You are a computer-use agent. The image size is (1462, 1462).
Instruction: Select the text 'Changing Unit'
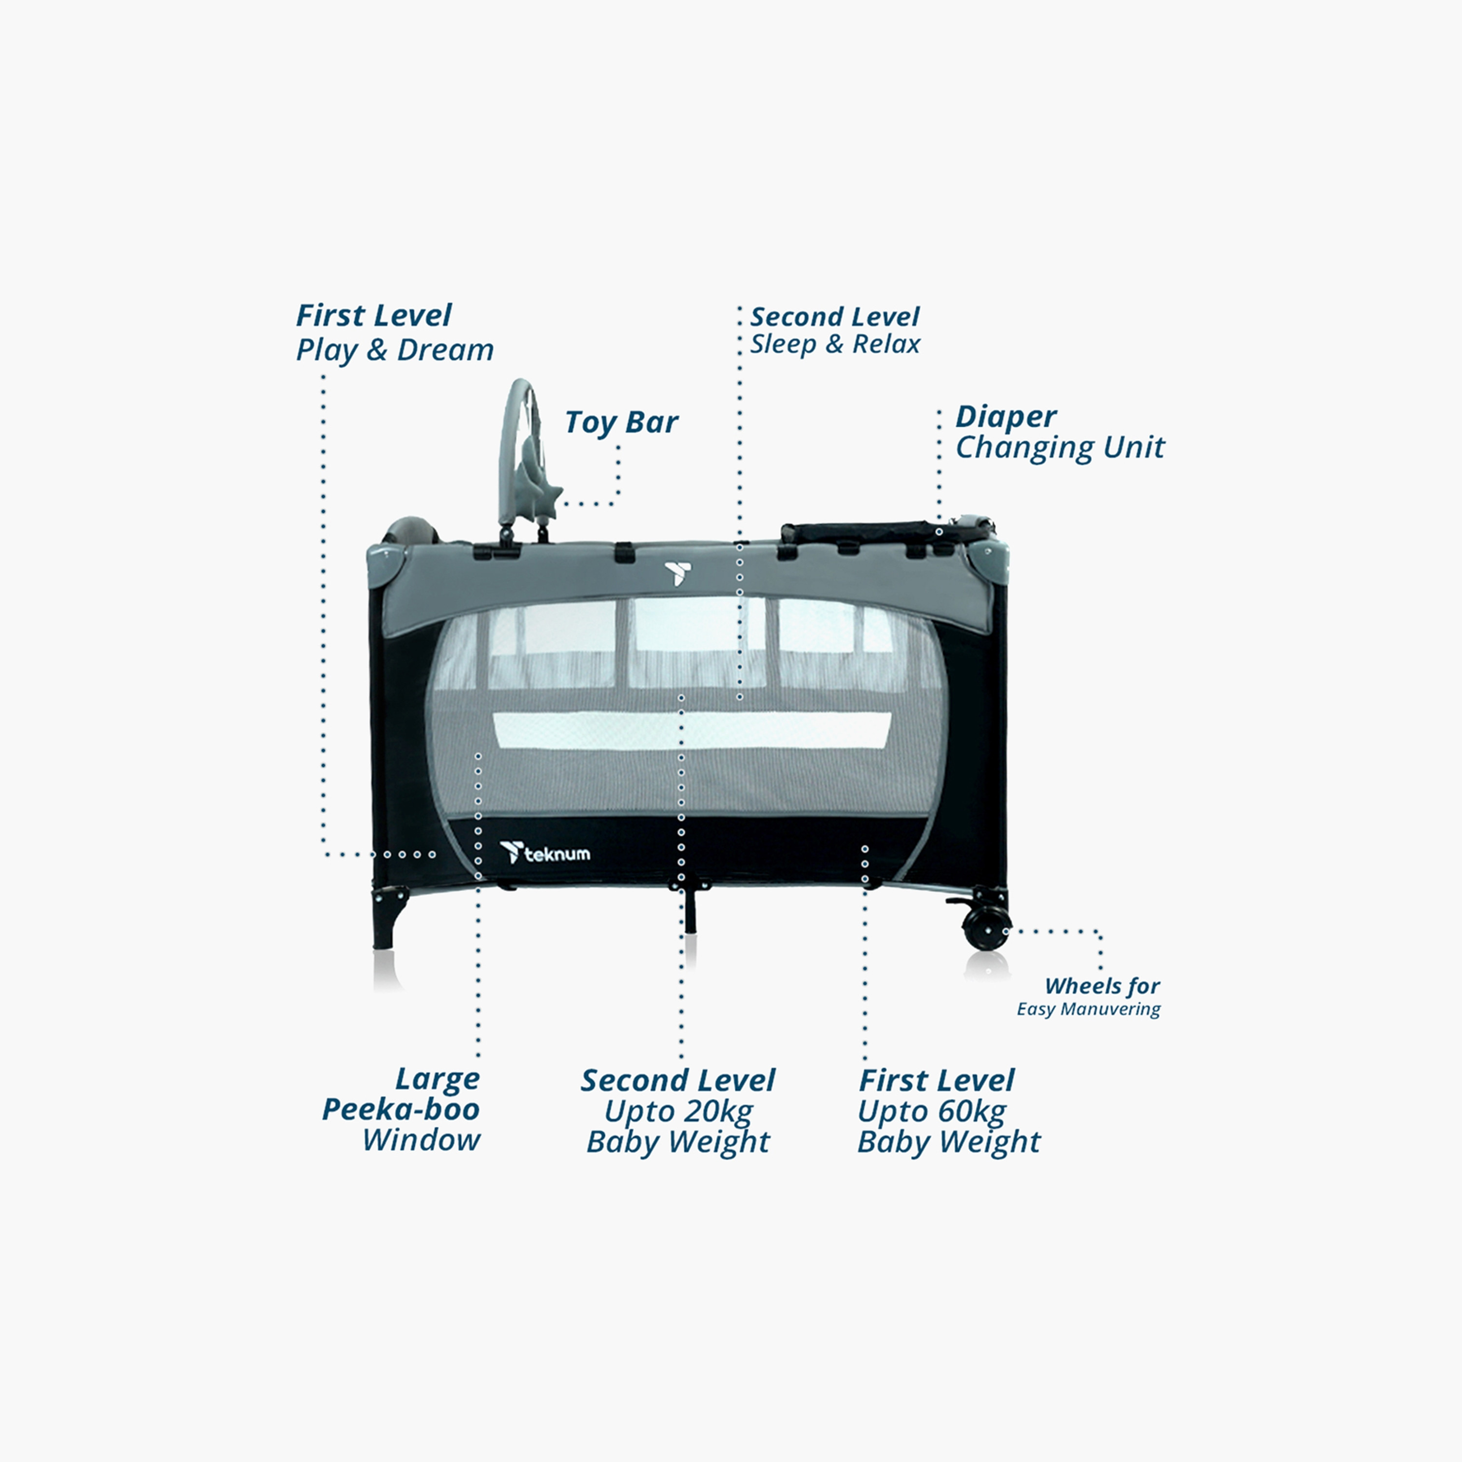coord(1059,448)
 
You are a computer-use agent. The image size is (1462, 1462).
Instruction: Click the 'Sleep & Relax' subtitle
coord(835,345)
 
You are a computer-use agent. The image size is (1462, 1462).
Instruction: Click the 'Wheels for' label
coord(1102,986)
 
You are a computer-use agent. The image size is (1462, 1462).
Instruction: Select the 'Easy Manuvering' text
coord(1088,1009)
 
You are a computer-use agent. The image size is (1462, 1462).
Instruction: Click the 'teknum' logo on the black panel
coord(545,853)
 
